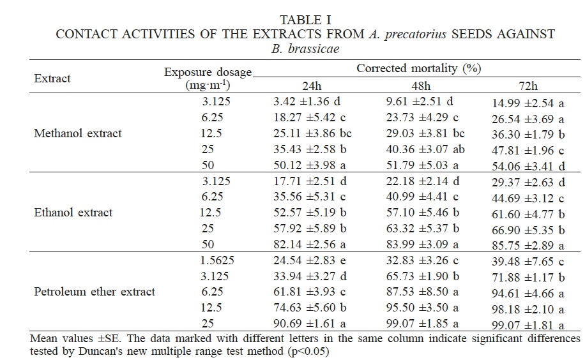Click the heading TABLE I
click(x=305, y=20)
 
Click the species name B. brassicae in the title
click(x=305, y=49)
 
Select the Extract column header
click(x=52, y=79)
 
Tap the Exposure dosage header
click(x=208, y=73)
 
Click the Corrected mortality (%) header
click(x=418, y=68)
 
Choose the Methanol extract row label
click(x=77, y=133)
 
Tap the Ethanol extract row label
click(x=73, y=213)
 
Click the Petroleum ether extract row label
click(x=94, y=292)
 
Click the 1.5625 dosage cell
click(x=212, y=260)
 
